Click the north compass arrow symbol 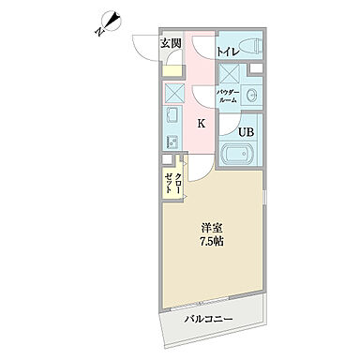point(108,20)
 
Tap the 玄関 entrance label point(170,44)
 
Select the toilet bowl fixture point(247,46)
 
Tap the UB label point(244,132)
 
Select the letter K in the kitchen point(201,123)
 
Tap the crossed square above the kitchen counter point(172,93)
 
